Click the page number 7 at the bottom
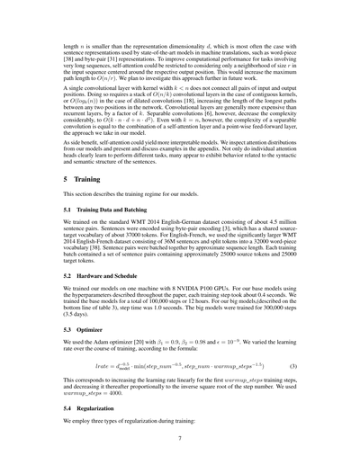(x=180, y=439)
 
